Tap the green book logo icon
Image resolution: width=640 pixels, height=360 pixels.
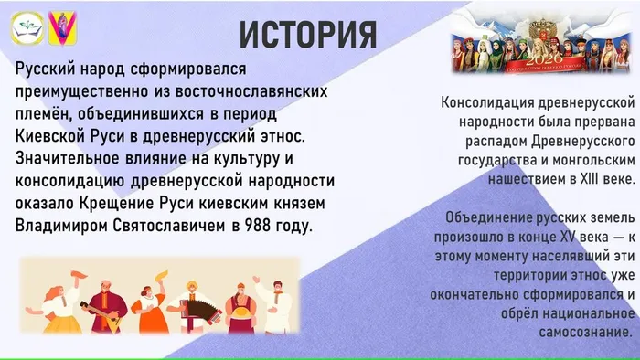point(25,28)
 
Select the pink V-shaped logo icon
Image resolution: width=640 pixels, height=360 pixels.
point(63,28)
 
